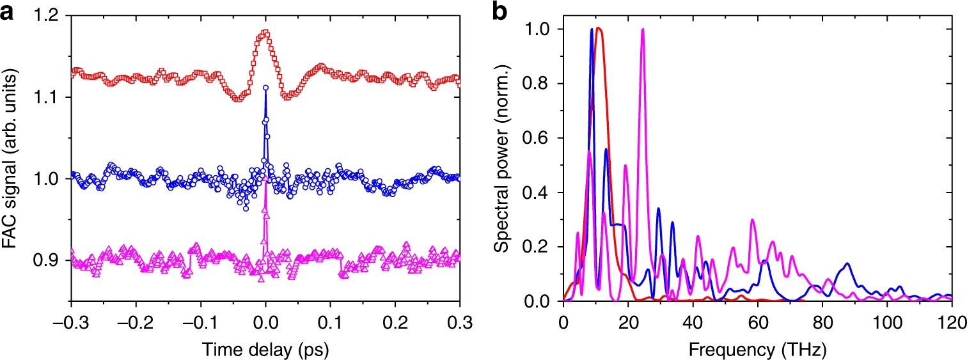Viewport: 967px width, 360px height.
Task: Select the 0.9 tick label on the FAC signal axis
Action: (x=49, y=260)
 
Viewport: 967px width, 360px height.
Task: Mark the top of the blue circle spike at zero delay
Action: (x=265, y=88)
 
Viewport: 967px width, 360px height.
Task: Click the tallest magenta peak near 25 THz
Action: (x=642, y=29)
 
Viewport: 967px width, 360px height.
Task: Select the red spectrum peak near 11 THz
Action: (x=598, y=28)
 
